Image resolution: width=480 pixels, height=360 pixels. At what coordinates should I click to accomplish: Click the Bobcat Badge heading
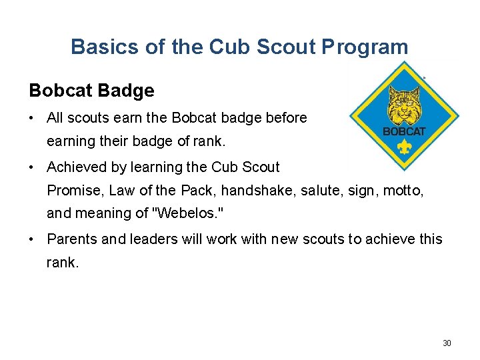91,90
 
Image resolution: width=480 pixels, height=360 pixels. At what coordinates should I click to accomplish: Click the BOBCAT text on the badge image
404,131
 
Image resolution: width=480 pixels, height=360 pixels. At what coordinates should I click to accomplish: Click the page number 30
447,343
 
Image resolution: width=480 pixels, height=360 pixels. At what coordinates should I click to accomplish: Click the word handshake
256,190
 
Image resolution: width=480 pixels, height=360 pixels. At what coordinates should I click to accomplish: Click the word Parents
72,239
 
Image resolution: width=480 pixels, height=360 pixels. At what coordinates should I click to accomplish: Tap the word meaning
105,213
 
